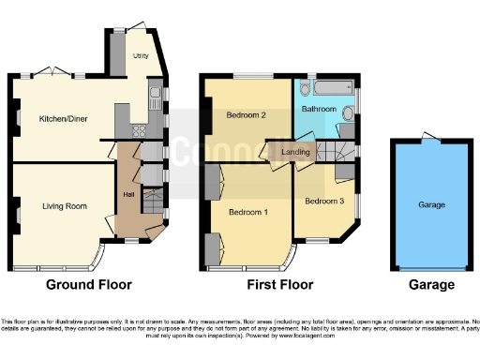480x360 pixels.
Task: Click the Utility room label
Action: tap(140, 55)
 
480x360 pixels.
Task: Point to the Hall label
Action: tap(127, 194)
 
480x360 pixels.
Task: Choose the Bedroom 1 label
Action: tap(247, 213)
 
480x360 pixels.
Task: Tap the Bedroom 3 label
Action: tap(322, 201)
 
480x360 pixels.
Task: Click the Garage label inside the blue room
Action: tap(431, 204)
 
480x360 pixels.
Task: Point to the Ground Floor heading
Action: tap(90, 285)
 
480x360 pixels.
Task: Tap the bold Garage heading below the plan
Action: tap(430, 285)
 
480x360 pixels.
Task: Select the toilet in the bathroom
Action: tap(348, 114)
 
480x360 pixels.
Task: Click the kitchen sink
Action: tap(154, 94)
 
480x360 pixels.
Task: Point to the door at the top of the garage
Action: tap(430, 138)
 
